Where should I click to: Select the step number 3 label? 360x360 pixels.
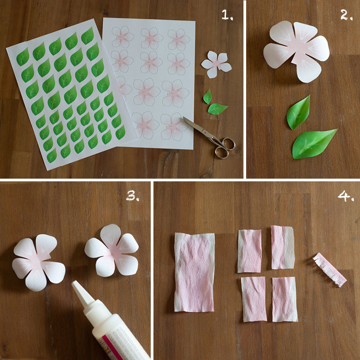point(132,196)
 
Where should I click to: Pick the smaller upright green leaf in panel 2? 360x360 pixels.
point(298,112)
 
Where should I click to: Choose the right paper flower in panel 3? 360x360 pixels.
point(112,250)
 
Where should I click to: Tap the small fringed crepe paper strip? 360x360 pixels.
point(330,270)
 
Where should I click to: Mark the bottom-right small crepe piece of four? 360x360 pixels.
point(284,299)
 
